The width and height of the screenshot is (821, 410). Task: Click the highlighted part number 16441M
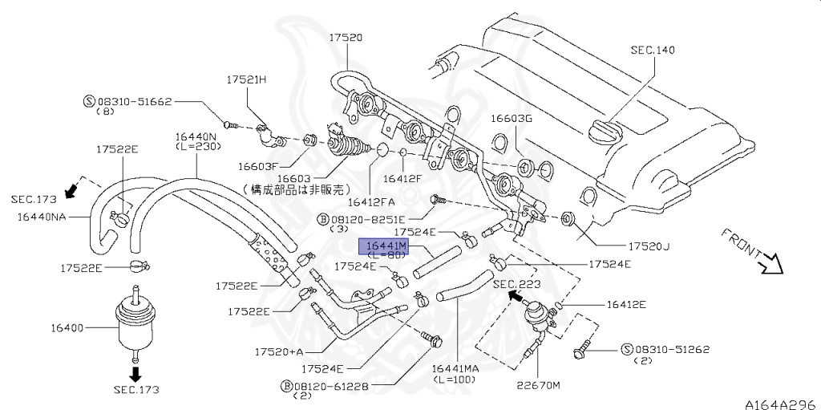(387, 245)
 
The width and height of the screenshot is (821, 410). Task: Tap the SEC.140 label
(653, 50)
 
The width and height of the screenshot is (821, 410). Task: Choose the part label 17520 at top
(346, 38)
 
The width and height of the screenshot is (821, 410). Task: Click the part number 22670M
(539, 384)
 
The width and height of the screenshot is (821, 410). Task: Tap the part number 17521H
(246, 80)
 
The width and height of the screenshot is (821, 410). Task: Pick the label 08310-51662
(134, 102)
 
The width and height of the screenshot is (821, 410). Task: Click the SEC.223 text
(516, 284)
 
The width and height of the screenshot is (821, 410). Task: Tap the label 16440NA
(42, 217)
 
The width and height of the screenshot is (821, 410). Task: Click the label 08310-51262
(672, 350)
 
